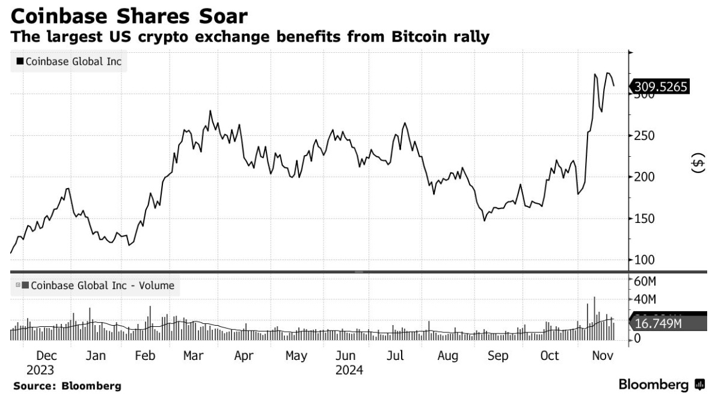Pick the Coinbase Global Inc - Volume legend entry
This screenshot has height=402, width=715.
[x=97, y=285]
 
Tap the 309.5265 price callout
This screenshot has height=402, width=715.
[x=660, y=87]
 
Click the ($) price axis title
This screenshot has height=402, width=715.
[x=697, y=163]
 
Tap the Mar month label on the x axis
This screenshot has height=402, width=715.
[x=192, y=356]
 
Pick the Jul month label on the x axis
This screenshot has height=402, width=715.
[x=394, y=356]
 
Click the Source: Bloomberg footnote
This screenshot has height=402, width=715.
[x=67, y=386]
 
